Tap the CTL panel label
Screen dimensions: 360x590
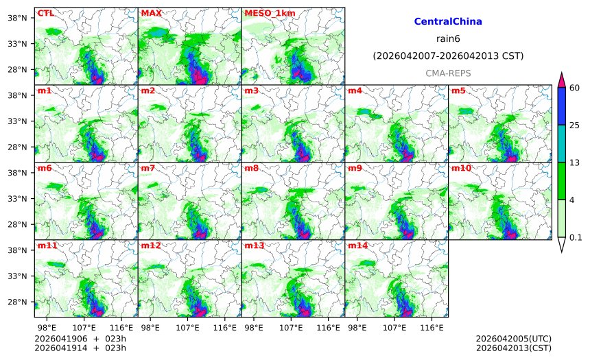coord(46,13)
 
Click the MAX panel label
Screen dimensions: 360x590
coord(151,13)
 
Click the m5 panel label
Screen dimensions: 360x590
coord(458,91)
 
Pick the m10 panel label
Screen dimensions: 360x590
coord(461,168)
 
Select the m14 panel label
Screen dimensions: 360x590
coord(357,245)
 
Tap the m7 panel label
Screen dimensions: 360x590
coord(147,168)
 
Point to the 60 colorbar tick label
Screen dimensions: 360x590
coord(576,87)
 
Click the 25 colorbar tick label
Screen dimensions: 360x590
coord(576,124)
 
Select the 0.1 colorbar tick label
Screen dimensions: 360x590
coord(576,237)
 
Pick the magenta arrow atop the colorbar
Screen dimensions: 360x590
coord(561,79)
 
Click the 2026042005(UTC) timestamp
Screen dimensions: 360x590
coord(513,339)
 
